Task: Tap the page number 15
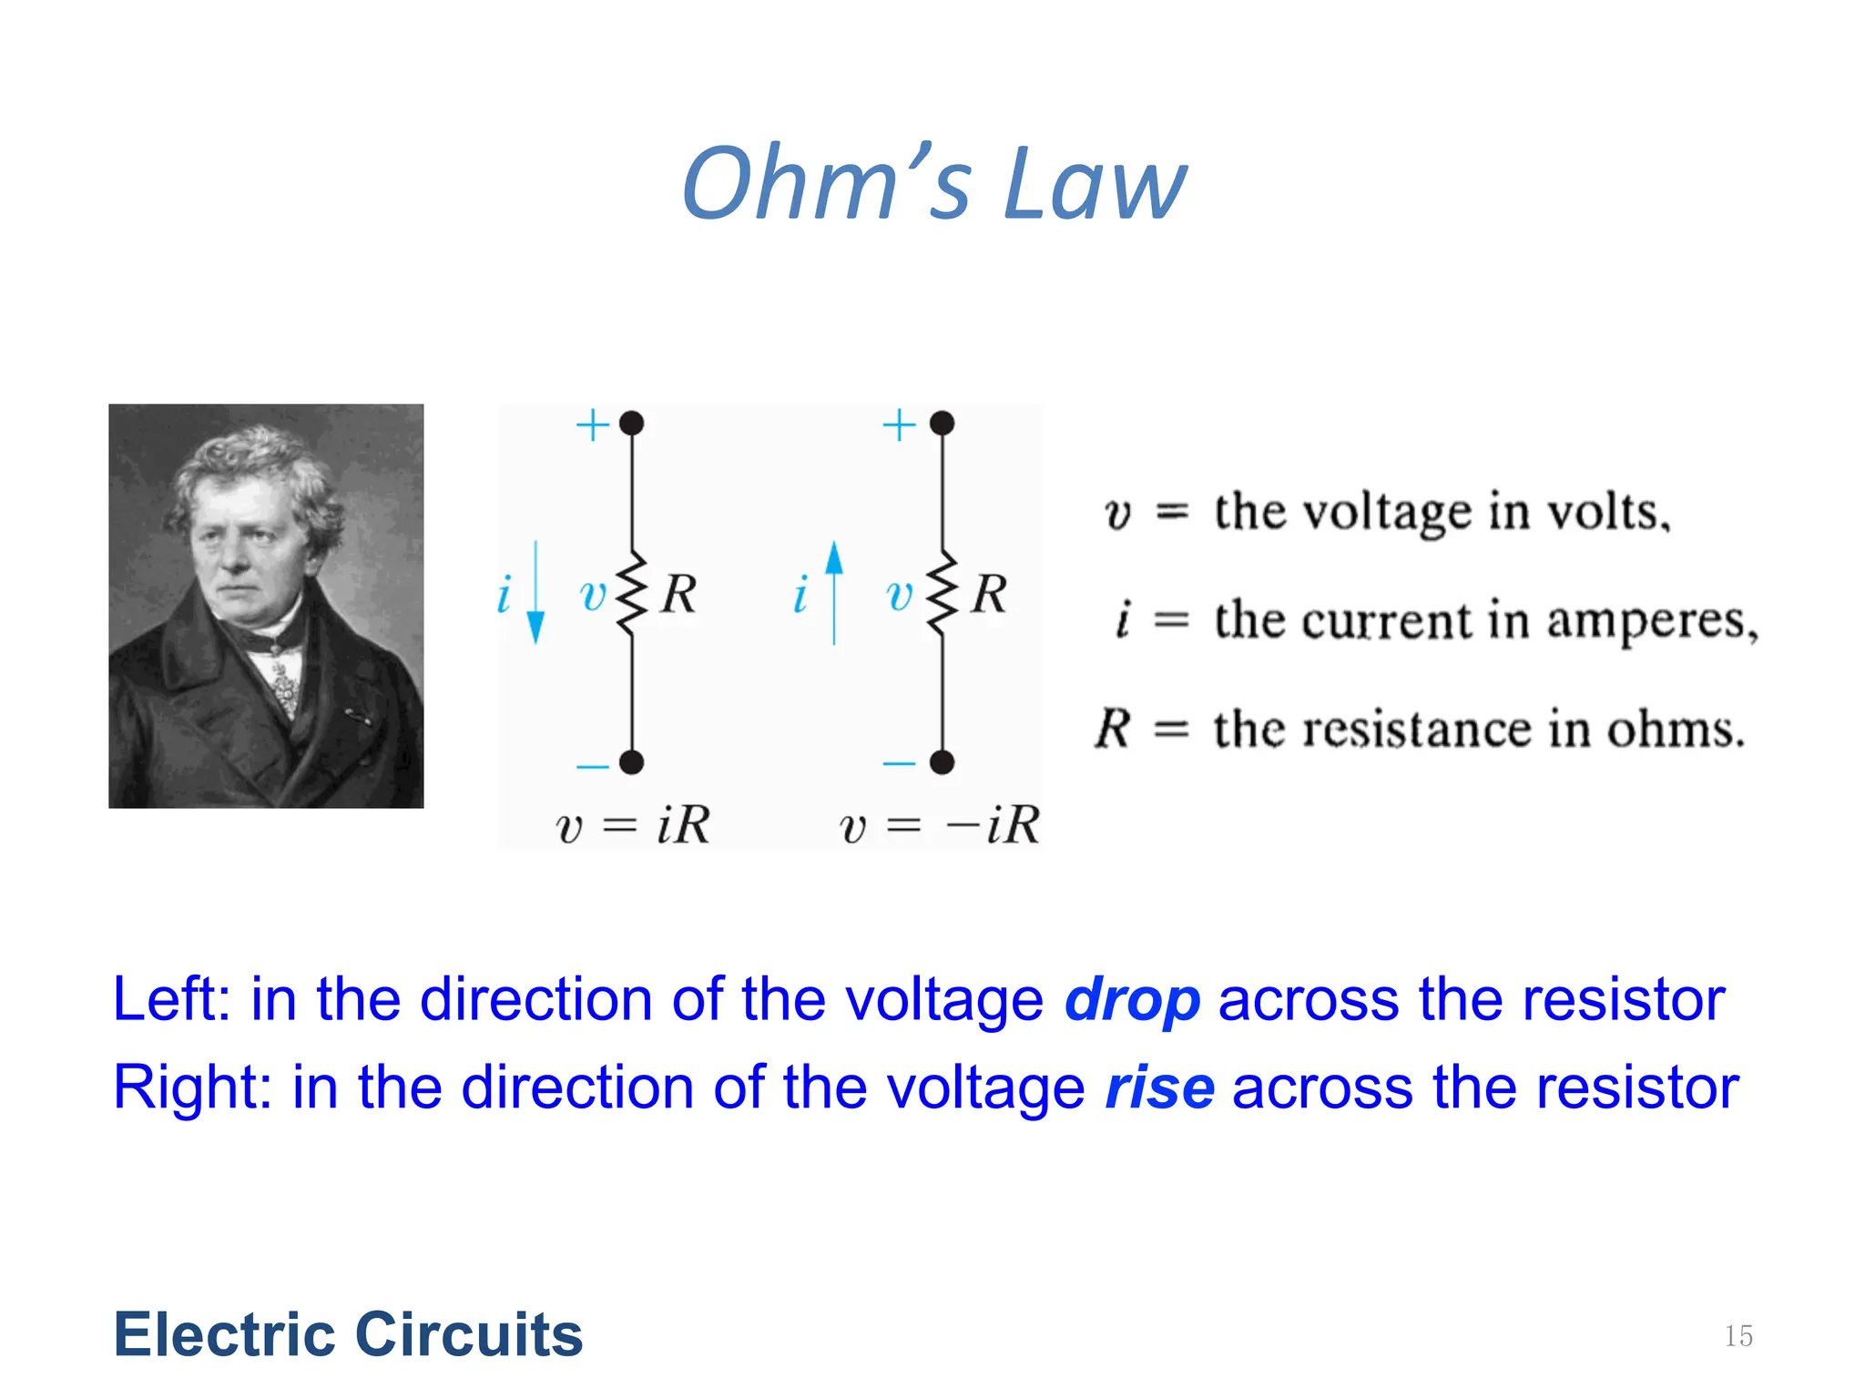coord(1738,1336)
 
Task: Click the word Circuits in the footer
coord(468,1334)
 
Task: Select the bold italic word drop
coord(1132,1000)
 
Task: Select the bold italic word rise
coord(1159,1088)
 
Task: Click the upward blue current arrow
coord(833,592)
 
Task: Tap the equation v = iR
coord(632,825)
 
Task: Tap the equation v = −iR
coord(938,825)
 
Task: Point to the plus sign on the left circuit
coord(593,424)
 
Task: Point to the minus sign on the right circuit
coord(899,763)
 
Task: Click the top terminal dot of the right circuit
coord(942,423)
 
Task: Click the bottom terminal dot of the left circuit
coord(631,761)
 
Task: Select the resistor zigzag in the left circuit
coord(631,592)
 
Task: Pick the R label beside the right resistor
coord(989,594)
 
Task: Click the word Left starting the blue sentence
coord(170,1000)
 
